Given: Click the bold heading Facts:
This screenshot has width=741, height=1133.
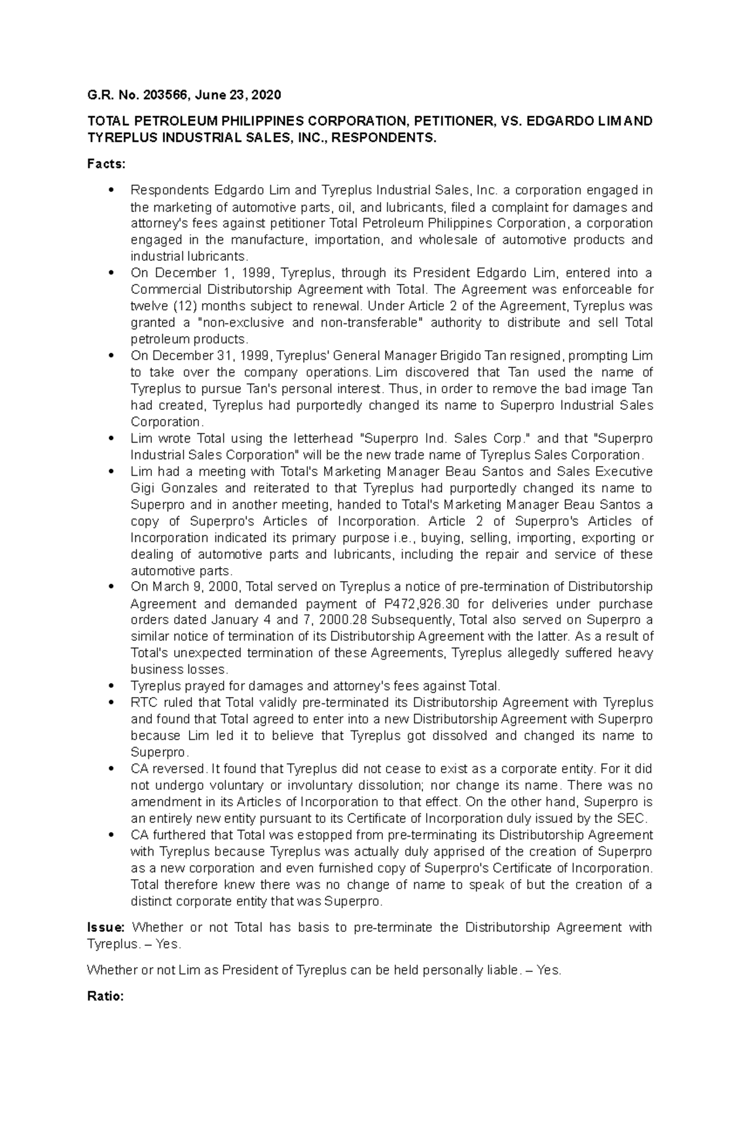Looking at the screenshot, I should click(x=106, y=164).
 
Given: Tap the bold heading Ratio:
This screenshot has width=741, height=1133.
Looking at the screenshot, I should click(x=106, y=996).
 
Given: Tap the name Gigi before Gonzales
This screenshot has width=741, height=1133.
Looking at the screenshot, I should click(x=143, y=488).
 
